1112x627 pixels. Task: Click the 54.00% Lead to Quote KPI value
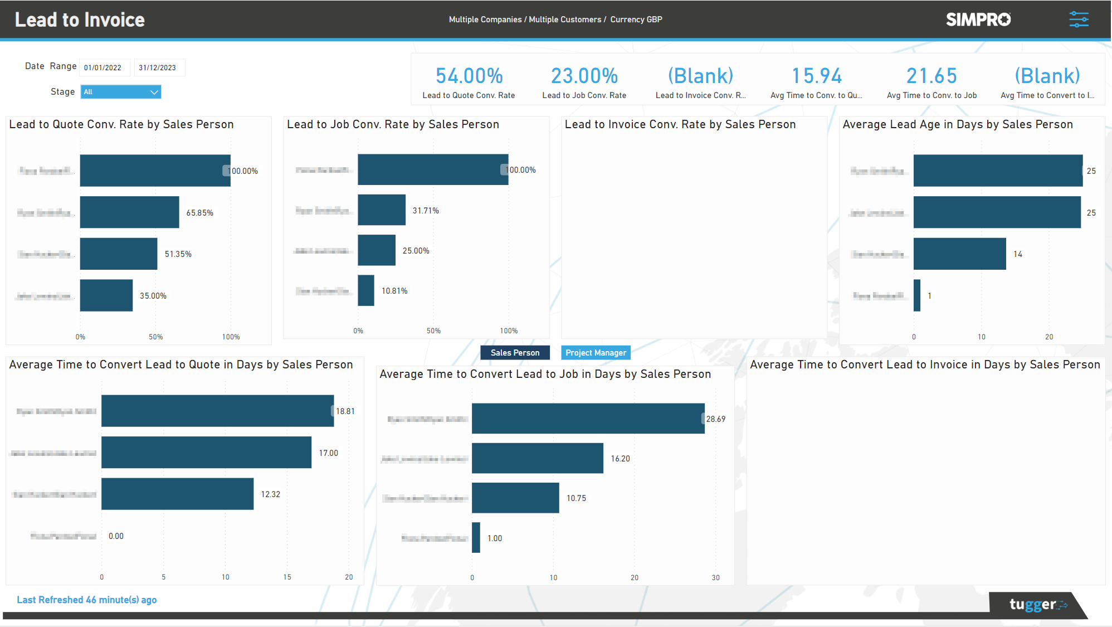(469, 76)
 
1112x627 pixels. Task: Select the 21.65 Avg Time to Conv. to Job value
(931, 76)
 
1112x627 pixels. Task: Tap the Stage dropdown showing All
(121, 92)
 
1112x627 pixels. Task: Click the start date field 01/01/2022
(104, 68)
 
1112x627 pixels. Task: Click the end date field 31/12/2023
(159, 68)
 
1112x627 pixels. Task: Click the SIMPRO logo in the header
(978, 20)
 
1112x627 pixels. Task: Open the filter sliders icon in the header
(1079, 20)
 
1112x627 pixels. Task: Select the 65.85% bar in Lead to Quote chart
(129, 212)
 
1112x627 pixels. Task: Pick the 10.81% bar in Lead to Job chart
(366, 290)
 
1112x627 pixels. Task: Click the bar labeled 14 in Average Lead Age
(959, 254)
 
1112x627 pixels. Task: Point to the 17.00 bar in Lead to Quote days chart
(206, 453)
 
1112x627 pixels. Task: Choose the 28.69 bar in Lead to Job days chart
(588, 419)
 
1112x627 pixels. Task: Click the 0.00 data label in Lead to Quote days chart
(116, 536)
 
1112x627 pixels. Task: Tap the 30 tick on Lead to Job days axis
(715, 578)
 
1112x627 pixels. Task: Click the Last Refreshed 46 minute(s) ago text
(86, 600)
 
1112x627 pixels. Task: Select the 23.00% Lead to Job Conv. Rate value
(584, 76)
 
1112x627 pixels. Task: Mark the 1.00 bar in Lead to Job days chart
(476, 538)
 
